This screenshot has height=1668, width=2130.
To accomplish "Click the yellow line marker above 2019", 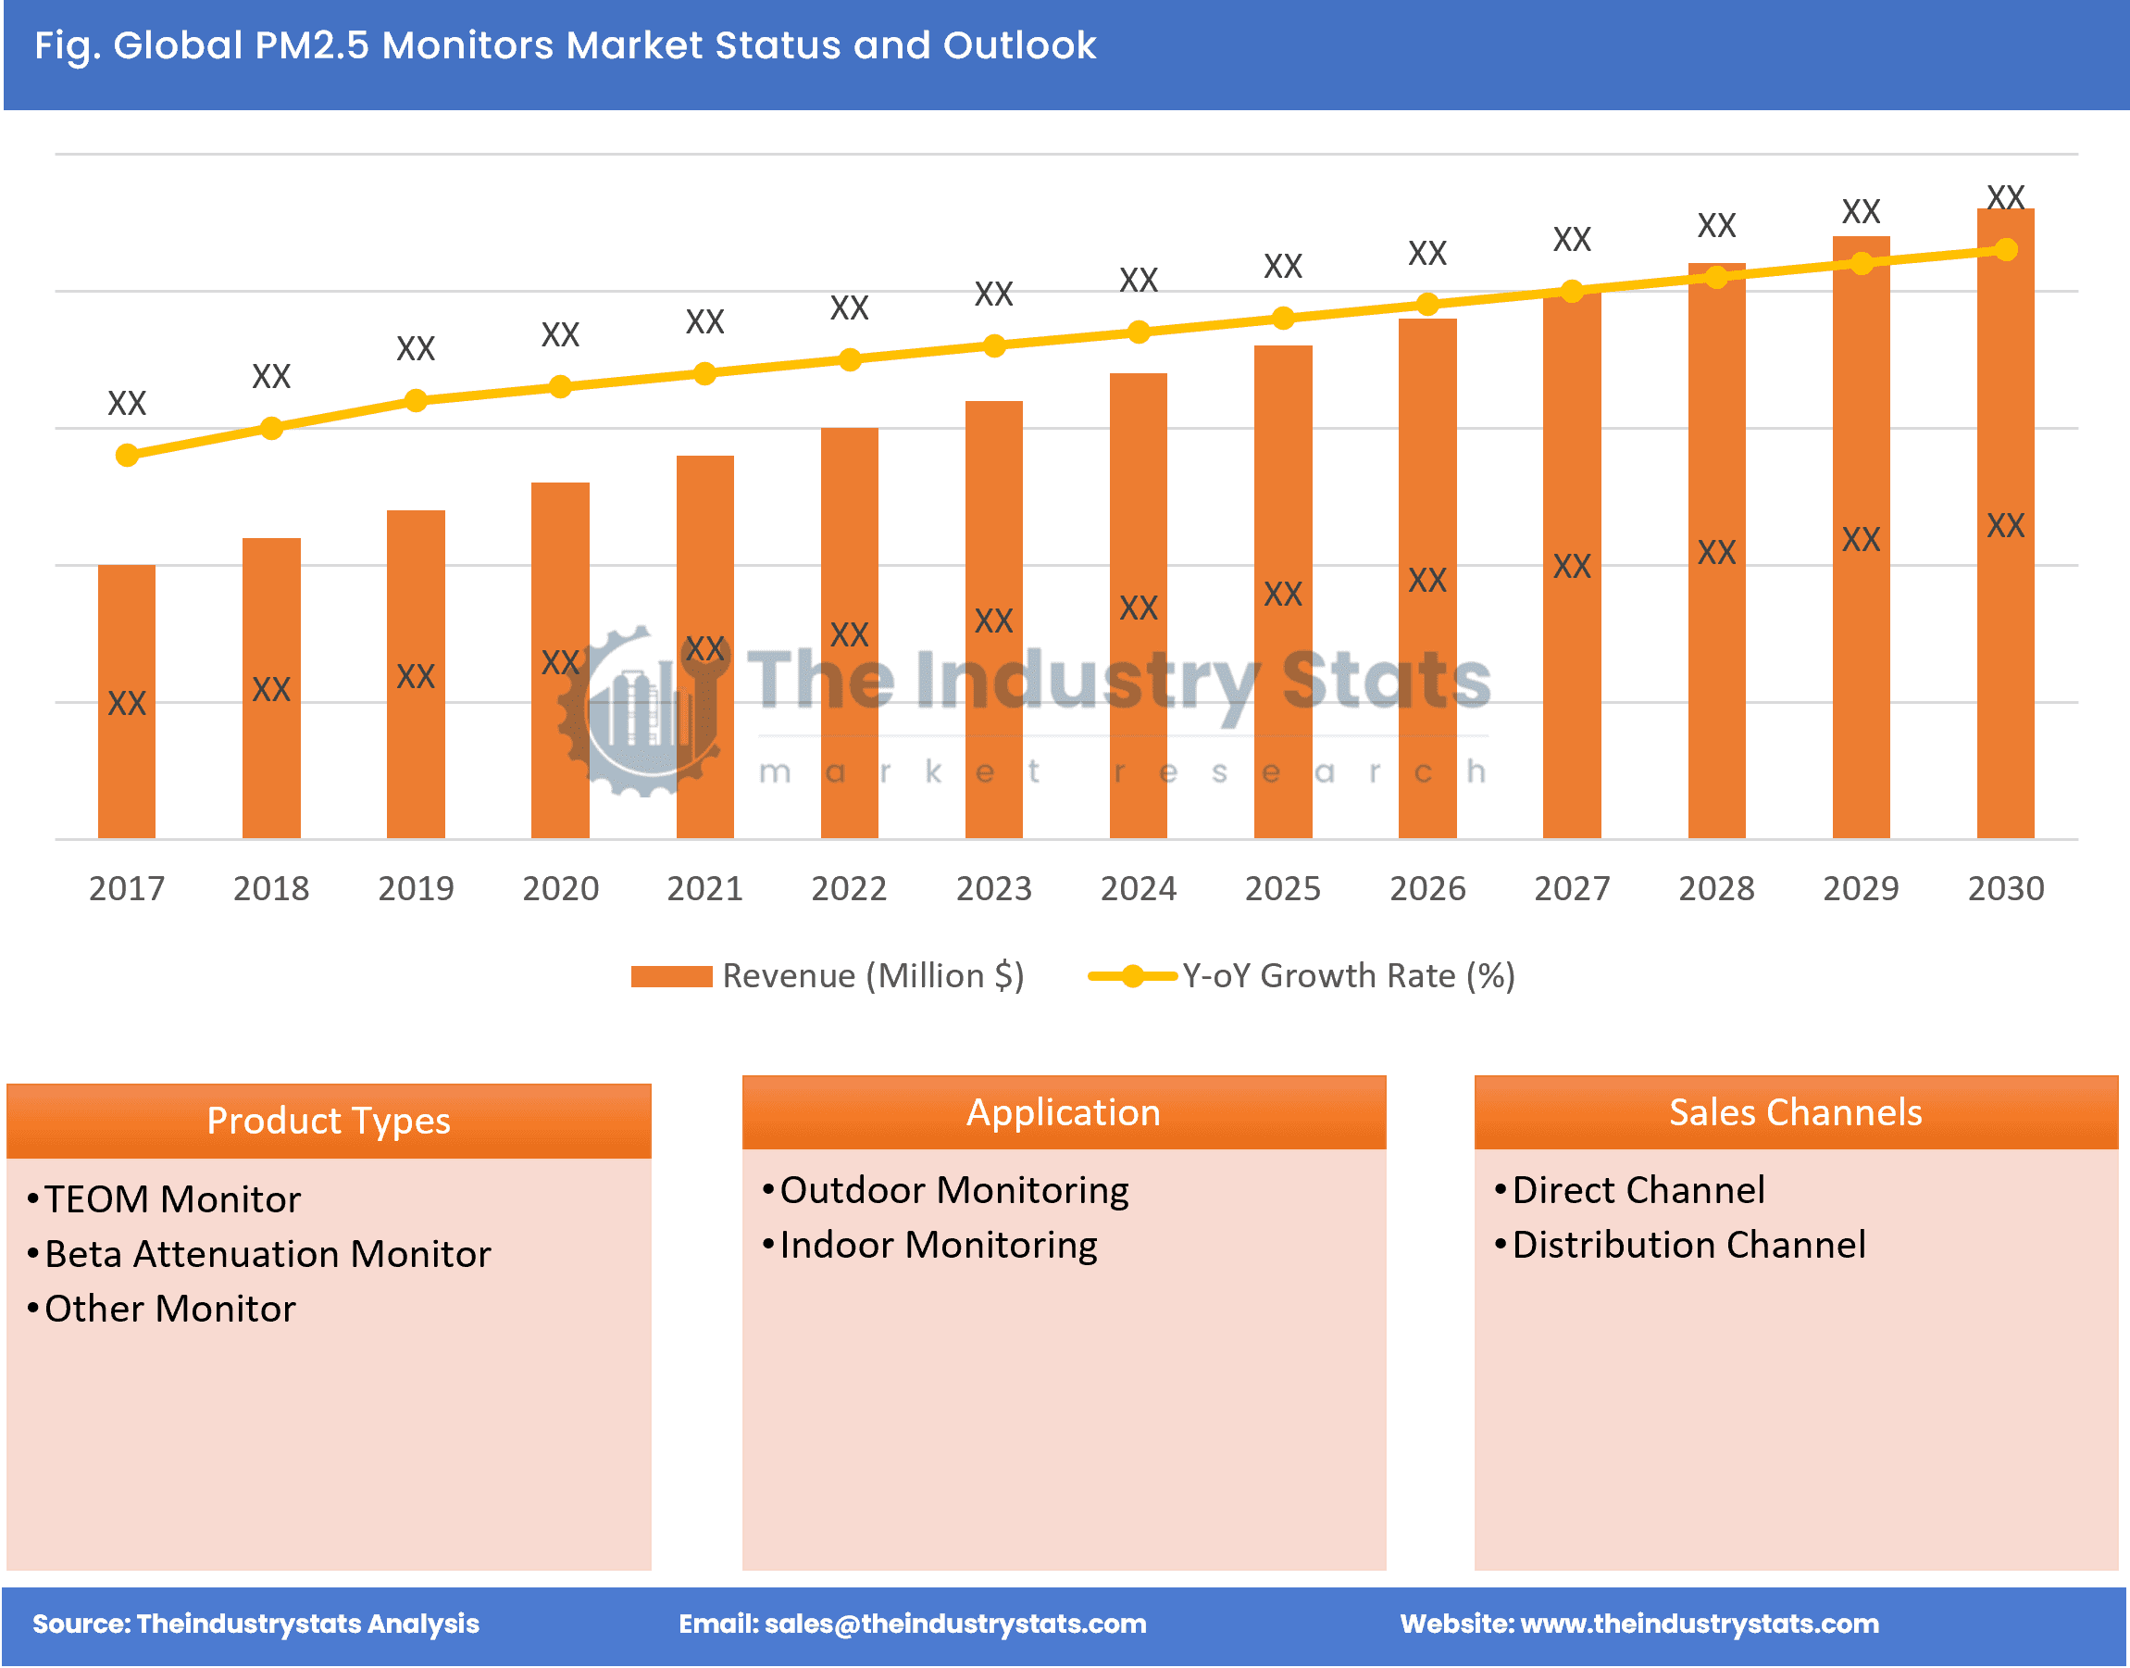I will click(x=416, y=400).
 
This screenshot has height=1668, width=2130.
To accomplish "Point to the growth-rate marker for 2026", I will click(x=1427, y=305).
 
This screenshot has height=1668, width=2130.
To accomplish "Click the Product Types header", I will click(x=329, y=1120).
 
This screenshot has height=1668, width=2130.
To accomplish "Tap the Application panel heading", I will click(x=1063, y=1112).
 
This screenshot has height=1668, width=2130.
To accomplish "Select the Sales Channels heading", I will click(x=1795, y=1112).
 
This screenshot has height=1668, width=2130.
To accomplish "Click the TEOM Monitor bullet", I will click(x=173, y=1199).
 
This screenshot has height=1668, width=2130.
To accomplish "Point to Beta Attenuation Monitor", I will click(x=268, y=1254).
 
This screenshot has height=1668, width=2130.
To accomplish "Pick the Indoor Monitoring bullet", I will click(x=938, y=1245).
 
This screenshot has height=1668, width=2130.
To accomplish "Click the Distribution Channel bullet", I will click(x=1688, y=1245).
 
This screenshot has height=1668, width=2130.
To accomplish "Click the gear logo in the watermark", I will click(x=640, y=713).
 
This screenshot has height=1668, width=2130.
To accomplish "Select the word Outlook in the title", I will click(x=1019, y=45).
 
